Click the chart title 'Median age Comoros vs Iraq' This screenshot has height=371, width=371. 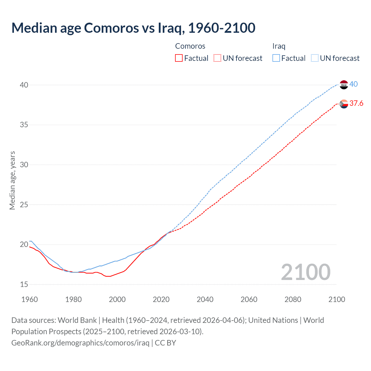133,28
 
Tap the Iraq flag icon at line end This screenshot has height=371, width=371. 343,85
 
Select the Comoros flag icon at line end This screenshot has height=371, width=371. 344,104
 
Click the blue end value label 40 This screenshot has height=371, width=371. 354,84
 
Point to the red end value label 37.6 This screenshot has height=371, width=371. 356,103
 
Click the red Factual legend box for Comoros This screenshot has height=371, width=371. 179,58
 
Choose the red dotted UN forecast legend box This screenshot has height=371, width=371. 217,58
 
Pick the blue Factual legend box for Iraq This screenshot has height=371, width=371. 276,58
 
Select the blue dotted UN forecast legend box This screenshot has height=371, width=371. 315,58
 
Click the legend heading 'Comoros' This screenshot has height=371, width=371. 190,46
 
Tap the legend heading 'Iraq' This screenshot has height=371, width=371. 279,46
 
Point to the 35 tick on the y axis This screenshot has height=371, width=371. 24,125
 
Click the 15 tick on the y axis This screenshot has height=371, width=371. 24,284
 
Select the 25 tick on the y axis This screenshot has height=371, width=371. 24,205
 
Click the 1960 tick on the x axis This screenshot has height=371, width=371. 30,299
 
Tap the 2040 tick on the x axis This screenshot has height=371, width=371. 205,299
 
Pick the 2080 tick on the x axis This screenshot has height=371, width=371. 293,299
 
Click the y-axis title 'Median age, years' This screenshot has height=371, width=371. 12,180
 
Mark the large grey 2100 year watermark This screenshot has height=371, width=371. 305,272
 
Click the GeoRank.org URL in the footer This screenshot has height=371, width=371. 80,343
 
